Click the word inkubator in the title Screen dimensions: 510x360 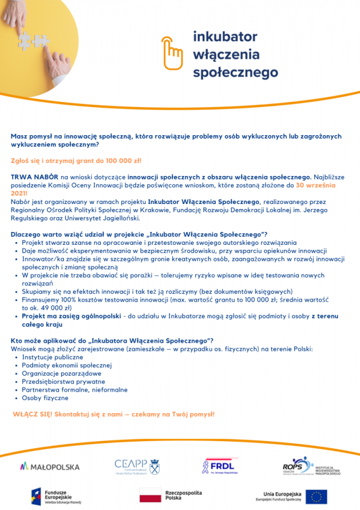225,37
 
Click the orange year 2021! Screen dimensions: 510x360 19,194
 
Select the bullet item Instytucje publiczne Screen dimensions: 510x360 52,357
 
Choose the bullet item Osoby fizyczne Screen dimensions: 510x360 45,397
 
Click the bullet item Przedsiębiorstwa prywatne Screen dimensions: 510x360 63,381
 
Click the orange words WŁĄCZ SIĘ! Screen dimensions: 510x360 32,414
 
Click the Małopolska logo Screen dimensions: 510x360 49,466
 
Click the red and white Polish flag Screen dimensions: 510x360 150,495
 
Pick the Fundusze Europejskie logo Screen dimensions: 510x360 53,496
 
